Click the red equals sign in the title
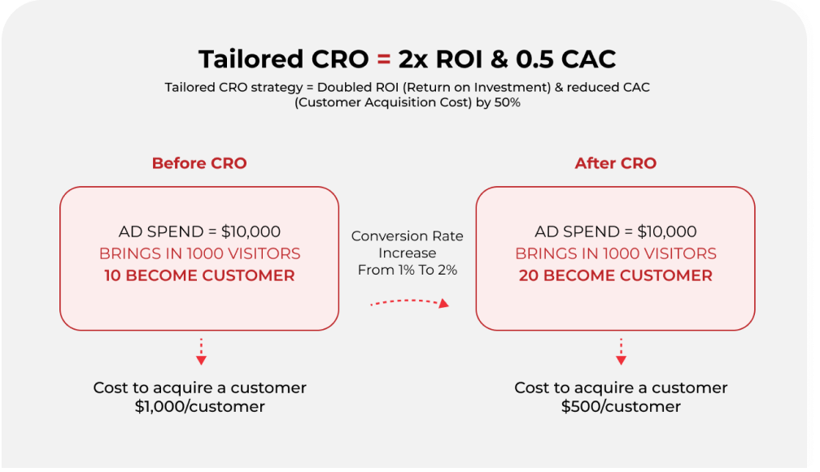point(384,59)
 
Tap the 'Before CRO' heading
point(199,163)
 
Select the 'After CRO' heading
point(616,163)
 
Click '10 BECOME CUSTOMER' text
point(199,275)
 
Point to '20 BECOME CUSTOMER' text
point(616,275)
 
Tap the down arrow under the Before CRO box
point(202,352)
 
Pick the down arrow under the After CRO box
point(621,352)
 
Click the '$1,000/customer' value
point(200,407)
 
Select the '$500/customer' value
point(621,407)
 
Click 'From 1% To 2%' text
point(408,270)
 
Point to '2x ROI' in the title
point(440,59)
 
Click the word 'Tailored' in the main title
point(251,59)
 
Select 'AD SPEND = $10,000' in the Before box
point(199,232)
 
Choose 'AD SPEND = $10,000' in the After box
point(616,232)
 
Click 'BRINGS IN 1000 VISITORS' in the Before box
point(199,253)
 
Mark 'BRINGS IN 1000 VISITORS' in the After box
point(616,253)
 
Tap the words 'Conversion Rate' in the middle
point(408,236)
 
